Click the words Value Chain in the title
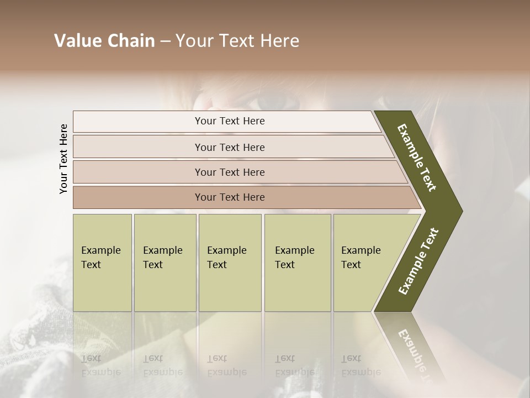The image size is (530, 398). [104, 41]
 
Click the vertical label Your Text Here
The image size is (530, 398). [64, 159]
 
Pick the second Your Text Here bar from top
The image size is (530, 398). [230, 147]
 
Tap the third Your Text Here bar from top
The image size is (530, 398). [230, 172]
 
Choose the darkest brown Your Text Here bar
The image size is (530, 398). [230, 197]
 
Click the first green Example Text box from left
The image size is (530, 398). [102, 262]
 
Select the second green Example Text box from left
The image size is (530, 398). [165, 262]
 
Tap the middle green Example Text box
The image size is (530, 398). [230, 262]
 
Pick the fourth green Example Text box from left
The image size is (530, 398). [297, 262]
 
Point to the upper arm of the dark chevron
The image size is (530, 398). [417, 158]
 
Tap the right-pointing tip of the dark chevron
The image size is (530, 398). [456, 211]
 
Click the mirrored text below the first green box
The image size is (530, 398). [100, 365]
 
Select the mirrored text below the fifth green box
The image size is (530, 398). [361, 365]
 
